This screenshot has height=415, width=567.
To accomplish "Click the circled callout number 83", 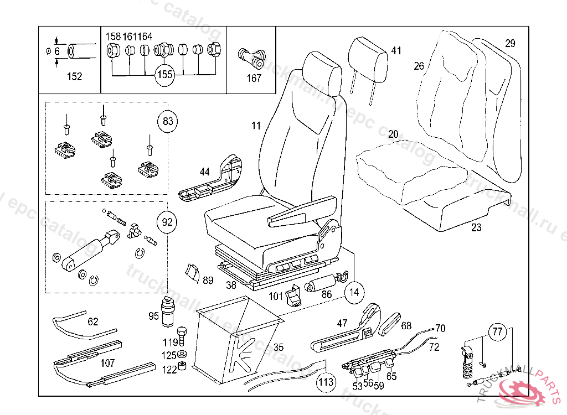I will (168, 121).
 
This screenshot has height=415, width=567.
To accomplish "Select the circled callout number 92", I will (168, 223).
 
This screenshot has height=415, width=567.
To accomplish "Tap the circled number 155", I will (164, 75).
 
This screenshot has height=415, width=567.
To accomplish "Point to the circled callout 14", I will (353, 292).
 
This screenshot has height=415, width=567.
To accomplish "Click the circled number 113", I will (326, 382).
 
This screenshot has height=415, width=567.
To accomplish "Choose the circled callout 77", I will (497, 333).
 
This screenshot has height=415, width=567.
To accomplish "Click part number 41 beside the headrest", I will (395, 51).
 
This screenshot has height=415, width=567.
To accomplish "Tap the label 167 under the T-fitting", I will (254, 78).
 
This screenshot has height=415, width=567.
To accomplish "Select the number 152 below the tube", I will (74, 77).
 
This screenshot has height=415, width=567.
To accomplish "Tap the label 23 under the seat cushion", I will (476, 227).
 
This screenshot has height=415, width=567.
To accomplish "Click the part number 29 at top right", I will (510, 43).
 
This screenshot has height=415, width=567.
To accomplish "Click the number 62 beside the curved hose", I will (93, 321).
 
